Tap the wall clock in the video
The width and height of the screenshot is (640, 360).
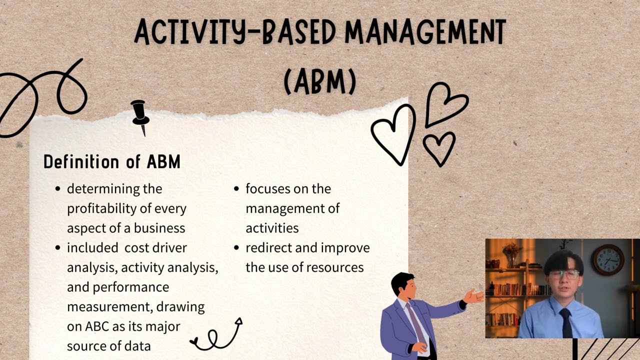point(608,259)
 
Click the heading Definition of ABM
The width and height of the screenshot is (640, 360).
point(111,161)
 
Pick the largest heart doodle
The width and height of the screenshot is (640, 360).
point(394,134)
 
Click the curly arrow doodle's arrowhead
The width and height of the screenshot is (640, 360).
point(238,322)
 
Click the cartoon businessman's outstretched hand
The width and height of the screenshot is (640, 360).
point(473,296)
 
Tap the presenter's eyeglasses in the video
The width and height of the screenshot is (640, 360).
point(564,274)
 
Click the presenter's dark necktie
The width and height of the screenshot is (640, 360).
point(565,322)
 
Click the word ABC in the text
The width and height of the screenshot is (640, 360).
point(97,326)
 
